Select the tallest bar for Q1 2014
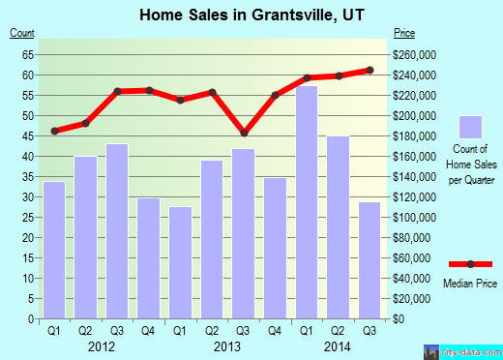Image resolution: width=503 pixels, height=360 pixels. (x=307, y=202)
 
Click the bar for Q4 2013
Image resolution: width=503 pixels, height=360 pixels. (x=275, y=248)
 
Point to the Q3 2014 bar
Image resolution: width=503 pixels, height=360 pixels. (x=370, y=260)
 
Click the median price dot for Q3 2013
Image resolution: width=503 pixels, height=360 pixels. (x=244, y=133)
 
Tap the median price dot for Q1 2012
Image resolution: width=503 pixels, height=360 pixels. (x=55, y=131)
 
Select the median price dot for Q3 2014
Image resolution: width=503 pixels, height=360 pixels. (x=370, y=70)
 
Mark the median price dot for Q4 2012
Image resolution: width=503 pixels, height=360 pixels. (x=149, y=90)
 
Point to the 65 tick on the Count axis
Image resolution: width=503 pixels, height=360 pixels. (x=29, y=54)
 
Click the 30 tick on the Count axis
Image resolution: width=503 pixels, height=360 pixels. (x=29, y=197)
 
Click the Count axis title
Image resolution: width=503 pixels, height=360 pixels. (x=21, y=34)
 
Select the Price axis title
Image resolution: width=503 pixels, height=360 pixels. (x=404, y=34)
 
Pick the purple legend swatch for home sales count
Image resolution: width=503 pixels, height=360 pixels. (x=470, y=127)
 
